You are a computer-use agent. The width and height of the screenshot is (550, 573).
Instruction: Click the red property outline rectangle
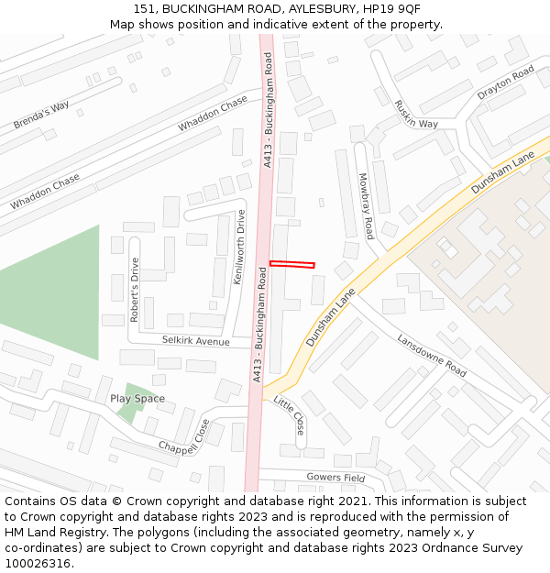[x=291, y=265]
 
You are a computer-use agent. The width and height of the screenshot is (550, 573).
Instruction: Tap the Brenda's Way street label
[x=41, y=115]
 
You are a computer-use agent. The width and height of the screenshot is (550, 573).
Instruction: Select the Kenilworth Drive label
[x=240, y=248]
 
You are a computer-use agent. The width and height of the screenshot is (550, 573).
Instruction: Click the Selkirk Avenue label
[x=195, y=341]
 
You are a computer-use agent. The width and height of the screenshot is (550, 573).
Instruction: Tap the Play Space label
[x=137, y=399]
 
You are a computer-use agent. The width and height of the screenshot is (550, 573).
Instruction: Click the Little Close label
[x=290, y=416]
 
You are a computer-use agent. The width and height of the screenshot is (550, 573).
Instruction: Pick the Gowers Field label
[x=335, y=478]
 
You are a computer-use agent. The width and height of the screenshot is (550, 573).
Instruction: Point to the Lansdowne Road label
[x=432, y=355]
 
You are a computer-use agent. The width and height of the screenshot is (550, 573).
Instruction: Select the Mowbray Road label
[x=366, y=205]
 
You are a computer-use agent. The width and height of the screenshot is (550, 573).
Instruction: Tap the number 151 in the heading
[x=144, y=8]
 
